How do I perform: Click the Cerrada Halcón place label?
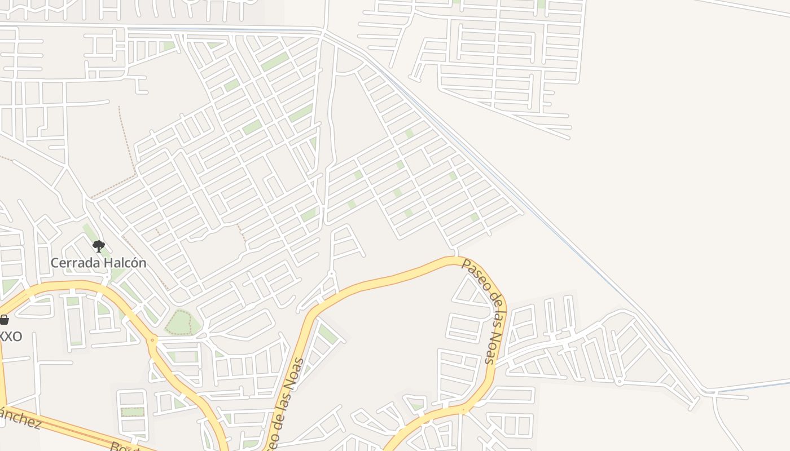pyautogui.click(x=98, y=263)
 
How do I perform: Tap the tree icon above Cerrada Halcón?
pyautogui.click(x=98, y=245)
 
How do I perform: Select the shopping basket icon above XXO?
pyautogui.click(x=4, y=320)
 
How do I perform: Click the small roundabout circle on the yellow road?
pyautogui.click(x=151, y=340)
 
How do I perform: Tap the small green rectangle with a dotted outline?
pyautogui.click(x=133, y=412)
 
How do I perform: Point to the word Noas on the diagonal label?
pyautogui.click(x=491, y=351)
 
